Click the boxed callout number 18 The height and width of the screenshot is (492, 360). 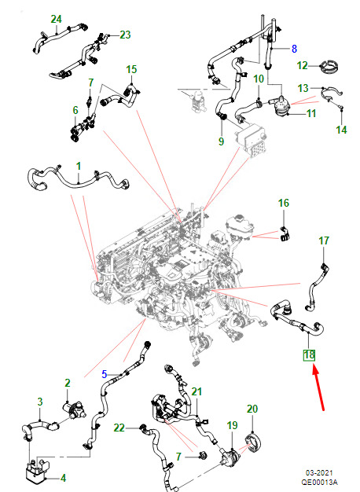click(x=309, y=355)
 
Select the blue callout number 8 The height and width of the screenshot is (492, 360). click(x=294, y=49)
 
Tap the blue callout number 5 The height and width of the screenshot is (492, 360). click(x=105, y=374)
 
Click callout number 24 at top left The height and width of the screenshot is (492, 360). click(x=56, y=19)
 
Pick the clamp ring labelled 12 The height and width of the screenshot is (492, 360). click(x=329, y=67)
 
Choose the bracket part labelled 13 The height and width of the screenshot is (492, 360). click(x=332, y=94)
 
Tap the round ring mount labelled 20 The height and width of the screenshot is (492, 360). click(x=253, y=442)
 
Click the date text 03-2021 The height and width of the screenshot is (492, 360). click(x=319, y=473)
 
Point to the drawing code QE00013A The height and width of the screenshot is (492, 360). click(x=319, y=483)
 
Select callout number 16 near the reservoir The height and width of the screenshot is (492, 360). click(x=284, y=203)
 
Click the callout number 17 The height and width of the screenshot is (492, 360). click(x=324, y=240)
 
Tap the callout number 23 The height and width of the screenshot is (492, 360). click(x=125, y=35)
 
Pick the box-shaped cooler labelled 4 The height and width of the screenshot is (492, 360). click(x=37, y=470)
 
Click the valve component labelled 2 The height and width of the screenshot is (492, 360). click(x=74, y=411)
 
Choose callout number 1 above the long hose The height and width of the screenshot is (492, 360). click(x=79, y=166)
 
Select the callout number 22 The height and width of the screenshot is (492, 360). click(x=119, y=428)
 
